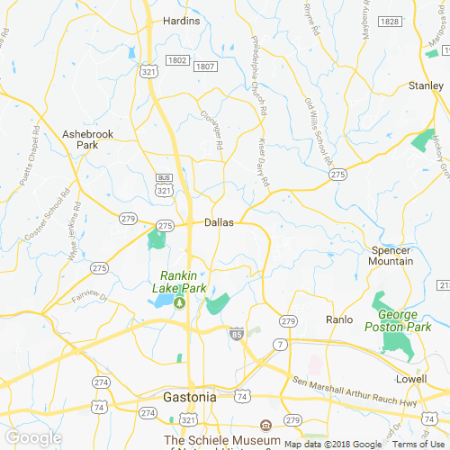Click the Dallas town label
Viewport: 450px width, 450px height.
pos(219,222)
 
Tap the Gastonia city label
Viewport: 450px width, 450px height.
pos(189,397)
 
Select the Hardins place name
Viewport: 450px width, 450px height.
pos(181,20)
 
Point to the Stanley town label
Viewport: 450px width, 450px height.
pos(426,85)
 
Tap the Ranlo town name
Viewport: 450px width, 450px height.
pos(339,319)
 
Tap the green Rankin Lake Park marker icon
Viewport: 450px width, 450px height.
pos(179,302)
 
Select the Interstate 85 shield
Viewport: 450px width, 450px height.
pos(236,333)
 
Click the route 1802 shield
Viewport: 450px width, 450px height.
pos(176,59)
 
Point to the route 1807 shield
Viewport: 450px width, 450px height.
pos(205,67)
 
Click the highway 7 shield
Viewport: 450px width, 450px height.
pos(282,345)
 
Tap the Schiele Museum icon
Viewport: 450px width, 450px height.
pos(265,425)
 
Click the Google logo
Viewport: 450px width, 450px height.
pos(32,437)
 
